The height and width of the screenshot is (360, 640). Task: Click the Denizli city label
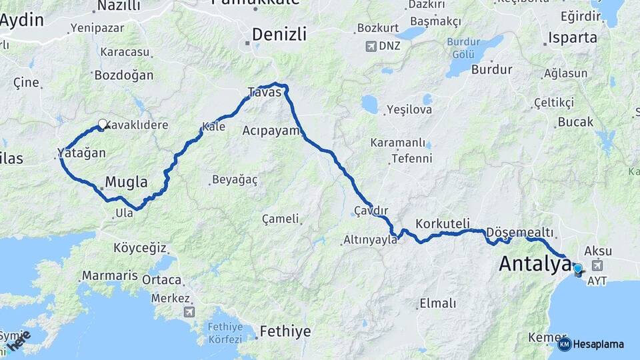click(x=279, y=34)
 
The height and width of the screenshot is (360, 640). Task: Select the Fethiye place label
click(x=285, y=331)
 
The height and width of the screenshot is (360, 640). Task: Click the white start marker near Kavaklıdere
click(x=103, y=124)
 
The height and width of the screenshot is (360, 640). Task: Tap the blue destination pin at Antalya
click(x=577, y=269)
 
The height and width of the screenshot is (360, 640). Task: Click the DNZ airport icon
click(x=371, y=47)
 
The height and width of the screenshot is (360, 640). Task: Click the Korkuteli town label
click(x=443, y=223)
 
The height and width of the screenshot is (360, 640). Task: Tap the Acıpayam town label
click(x=272, y=130)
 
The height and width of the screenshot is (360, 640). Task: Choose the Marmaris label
click(x=109, y=275)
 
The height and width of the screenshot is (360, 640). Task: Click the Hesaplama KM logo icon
click(x=564, y=344)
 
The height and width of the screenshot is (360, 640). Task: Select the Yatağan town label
click(x=82, y=153)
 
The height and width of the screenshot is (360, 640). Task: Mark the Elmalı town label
click(x=437, y=303)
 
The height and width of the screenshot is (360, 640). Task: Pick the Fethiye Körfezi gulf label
click(x=225, y=333)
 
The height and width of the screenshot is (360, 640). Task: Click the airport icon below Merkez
click(x=190, y=312)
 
